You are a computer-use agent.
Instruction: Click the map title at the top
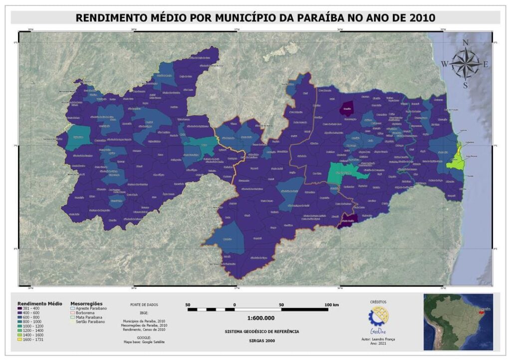pos(255,18)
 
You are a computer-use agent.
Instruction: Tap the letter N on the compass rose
pos(466,43)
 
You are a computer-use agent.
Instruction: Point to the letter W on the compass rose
pos(444,64)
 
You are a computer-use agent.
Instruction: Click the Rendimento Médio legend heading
pos(40,303)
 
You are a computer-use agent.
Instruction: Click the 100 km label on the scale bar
pos(331,305)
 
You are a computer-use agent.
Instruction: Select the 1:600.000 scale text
pos(261,318)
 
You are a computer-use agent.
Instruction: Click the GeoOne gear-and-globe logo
pos(378,317)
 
